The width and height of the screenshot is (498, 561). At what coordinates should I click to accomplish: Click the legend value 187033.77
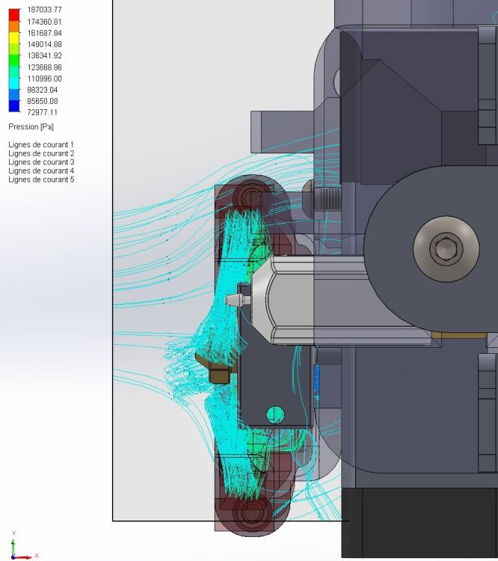(x=44, y=10)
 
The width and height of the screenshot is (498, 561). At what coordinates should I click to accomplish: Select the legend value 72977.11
(x=42, y=112)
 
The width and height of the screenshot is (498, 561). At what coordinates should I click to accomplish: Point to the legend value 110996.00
(x=44, y=79)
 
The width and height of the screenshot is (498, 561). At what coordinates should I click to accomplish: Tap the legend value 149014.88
(x=44, y=44)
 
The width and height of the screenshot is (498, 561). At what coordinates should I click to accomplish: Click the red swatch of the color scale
(x=14, y=15)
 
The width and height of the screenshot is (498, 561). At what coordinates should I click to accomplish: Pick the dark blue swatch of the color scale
(x=14, y=106)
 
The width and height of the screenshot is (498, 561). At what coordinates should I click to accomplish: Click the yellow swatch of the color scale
(x=14, y=37)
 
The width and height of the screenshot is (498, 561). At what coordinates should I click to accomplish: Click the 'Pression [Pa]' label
(x=31, y=126)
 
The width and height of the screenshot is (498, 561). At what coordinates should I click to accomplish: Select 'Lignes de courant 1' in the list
(x=41, y=144)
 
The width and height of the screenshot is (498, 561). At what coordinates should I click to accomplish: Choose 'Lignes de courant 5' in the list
(x=41, y=180)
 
